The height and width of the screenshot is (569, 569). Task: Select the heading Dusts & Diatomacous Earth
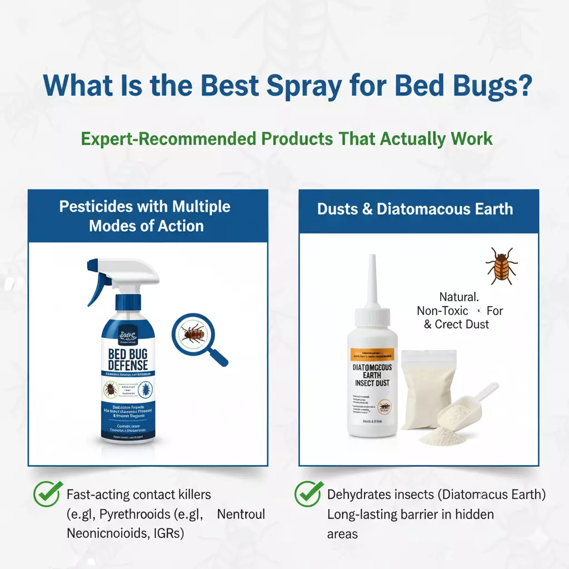415,209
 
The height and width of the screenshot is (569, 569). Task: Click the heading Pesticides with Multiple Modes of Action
145,216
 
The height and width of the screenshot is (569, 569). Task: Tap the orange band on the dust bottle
372,353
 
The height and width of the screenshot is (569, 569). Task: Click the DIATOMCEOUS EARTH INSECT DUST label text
372,375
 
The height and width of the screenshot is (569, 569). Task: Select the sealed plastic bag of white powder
425,389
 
